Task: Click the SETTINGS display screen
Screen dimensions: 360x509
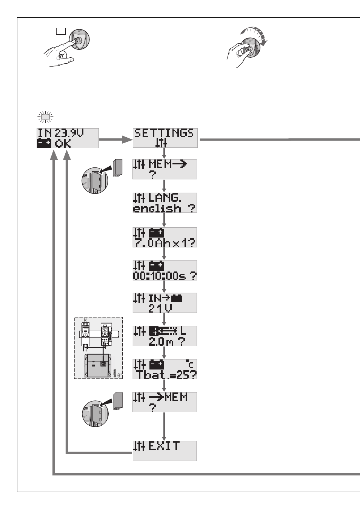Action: (165, 138)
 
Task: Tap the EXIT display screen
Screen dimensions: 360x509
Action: (165, 451)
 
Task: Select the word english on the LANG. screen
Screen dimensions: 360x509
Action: (157, 208)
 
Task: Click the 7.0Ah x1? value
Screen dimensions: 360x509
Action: (165, 243)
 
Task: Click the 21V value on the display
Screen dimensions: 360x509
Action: (160, 308)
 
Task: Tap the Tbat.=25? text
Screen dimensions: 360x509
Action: (166, 375)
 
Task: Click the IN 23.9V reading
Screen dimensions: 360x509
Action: (61, 133)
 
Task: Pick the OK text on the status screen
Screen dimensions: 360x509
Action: (63, 144)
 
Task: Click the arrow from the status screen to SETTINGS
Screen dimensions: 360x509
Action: (116, 140)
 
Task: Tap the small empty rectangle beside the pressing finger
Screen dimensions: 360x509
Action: (61, 31)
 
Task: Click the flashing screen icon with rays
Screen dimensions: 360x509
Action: (46, 117)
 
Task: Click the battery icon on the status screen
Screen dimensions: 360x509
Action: (44, 144)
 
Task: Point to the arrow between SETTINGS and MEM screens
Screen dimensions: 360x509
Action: (164, 153)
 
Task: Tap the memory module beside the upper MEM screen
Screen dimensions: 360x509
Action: (118, 167)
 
